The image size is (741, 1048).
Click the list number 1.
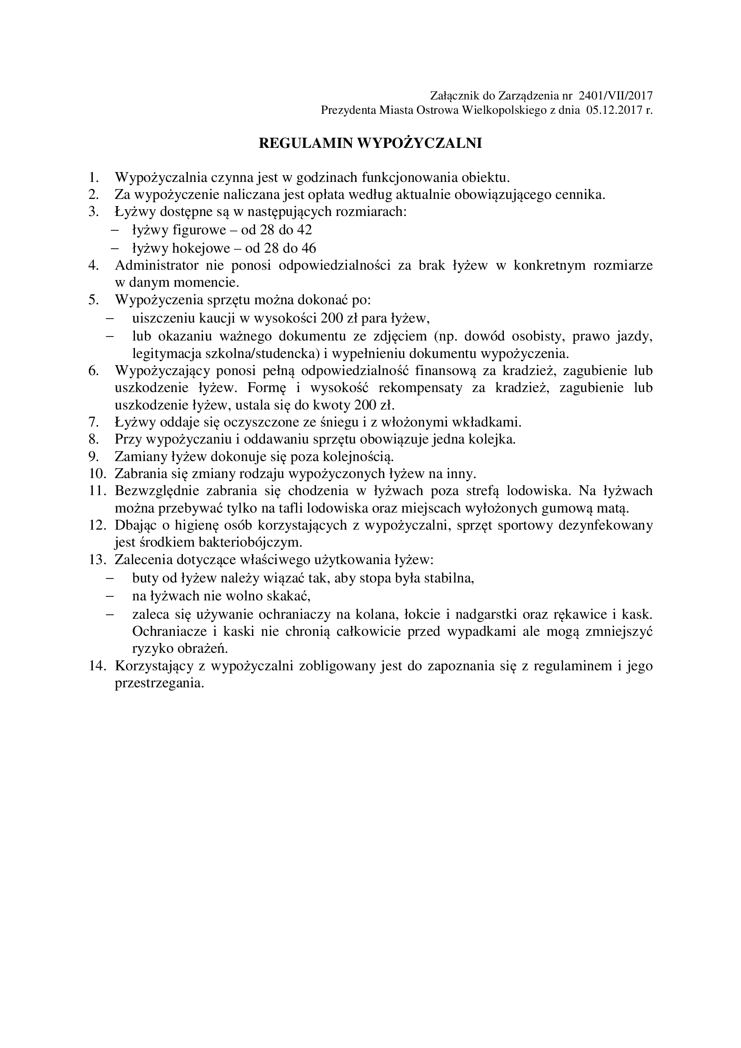click(x=94, y=177)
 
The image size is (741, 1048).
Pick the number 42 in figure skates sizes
click(x=304, y=229)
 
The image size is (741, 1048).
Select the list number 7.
click(x=94, y=422)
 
